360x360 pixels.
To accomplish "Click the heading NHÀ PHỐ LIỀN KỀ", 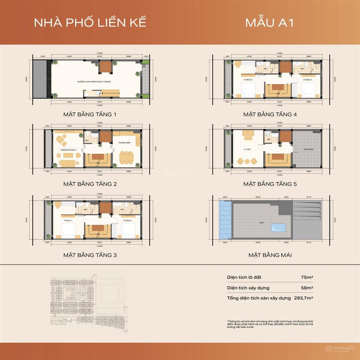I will tap(90, 22).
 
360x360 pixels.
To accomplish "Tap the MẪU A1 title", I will tap(269, 22).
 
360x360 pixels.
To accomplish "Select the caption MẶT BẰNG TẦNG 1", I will tap(90, 114).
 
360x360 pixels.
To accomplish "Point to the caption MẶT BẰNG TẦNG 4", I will tap(270, 114).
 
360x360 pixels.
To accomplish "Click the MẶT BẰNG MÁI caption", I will tap(270, 255).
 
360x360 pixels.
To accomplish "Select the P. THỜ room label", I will tap(247, 150).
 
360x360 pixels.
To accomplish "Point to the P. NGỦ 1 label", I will tap(68, 220).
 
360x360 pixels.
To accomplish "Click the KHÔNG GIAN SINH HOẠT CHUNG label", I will tap(94, 81).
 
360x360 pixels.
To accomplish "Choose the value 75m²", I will tap(307, 277).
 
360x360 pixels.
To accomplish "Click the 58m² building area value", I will tap(307, 288).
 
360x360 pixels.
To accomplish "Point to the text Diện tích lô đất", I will tap(244, 277).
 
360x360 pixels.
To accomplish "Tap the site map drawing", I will tap(94, 300).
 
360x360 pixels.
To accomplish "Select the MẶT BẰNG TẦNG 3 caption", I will tap(90, 255).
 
